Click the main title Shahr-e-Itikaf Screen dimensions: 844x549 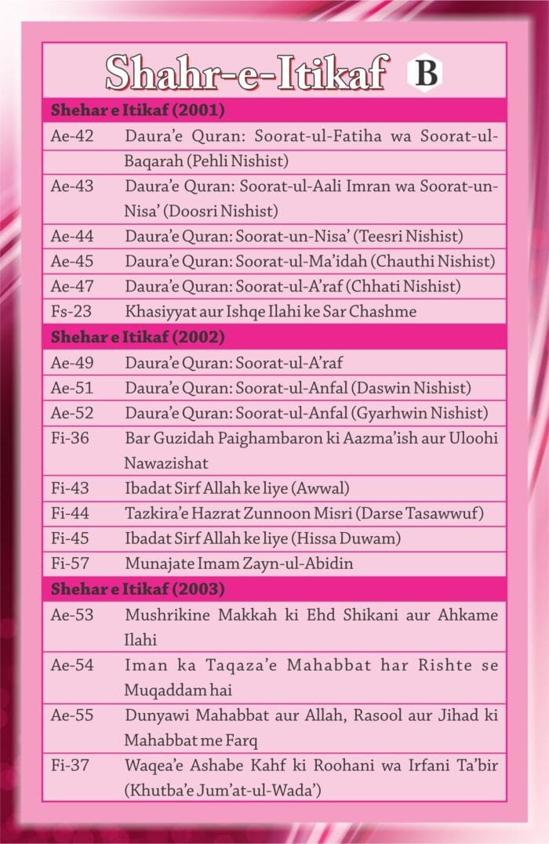point(246,74)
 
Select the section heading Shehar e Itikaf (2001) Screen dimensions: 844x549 point(138,110)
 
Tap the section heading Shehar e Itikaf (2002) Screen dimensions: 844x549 point(138,338)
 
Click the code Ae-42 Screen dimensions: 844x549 point(72,136)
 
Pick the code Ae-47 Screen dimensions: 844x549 point(72,286)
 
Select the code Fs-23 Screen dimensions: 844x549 point(71,311)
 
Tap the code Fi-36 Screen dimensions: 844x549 point(71,437)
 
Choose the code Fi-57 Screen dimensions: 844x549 point(71,563)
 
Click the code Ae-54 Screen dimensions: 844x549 point(72,665)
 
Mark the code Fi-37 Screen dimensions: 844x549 point(71,765)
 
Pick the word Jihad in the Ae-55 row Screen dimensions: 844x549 point(453,715)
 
